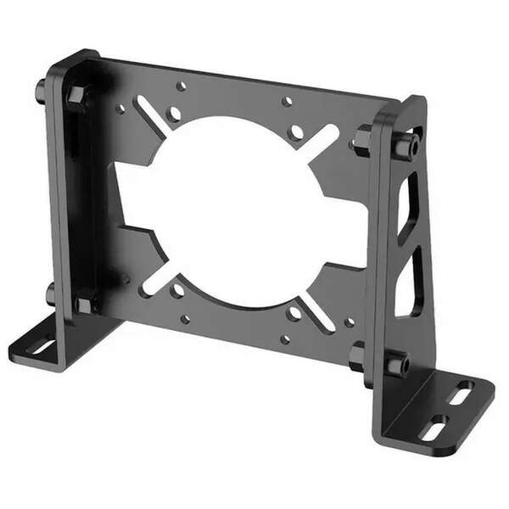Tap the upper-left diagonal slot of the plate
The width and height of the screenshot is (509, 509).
tap(153, 116)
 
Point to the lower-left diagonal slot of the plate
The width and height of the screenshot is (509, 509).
tap(159, 277)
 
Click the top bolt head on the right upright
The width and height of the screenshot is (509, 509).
tap(405, 146)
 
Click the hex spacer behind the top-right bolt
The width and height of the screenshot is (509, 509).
tap(364, 140)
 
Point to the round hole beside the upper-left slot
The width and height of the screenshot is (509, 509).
tap(174, 113)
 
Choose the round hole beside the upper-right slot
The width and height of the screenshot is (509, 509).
tap(295, 132)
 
